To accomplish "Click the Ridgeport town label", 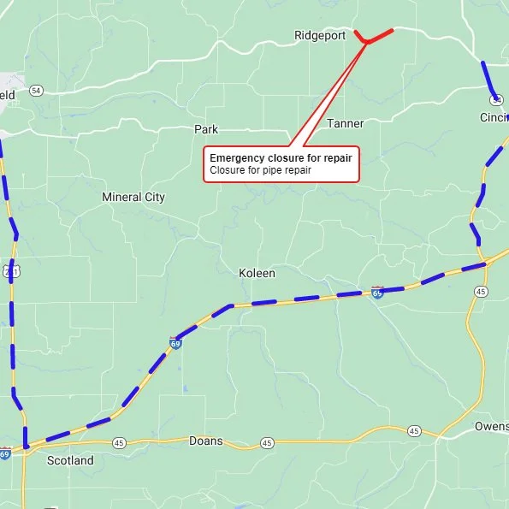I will click(x=320, y=36).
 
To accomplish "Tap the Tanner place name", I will click(x=345, y=124).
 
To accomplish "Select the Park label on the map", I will click(x=206, y=130).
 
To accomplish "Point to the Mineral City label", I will click(x=133, y=198).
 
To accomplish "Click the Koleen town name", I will click(x=257, y=274).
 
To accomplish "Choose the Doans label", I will click(x=205, y=441).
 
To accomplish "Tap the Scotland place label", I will click(x=70, y=460).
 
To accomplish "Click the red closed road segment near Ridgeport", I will click(x=379, y=35).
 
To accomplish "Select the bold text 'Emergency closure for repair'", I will click(x=281, y=158).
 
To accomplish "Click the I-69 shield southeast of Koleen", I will click(x=377, y=293).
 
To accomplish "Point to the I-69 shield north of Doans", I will click(x=175, y=344).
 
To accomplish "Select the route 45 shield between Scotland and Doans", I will click(x=119, y=442).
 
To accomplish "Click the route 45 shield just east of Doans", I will click(x=267, y=443).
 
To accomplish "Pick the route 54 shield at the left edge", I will click(x=35, y=90).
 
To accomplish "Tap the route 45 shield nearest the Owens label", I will click(x=413, y=430).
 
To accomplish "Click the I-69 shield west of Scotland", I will click(x=5, y=453).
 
